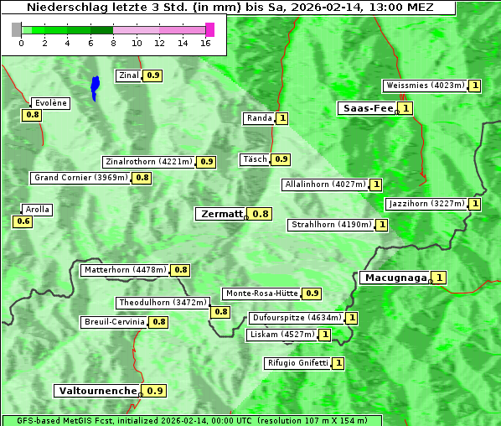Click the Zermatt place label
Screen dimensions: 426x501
click(221, 214)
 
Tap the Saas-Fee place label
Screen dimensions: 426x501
click(367, 108)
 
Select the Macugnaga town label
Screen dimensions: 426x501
click(395, 278)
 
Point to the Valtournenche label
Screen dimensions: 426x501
click(97, 391)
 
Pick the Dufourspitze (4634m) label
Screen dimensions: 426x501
click(297, 318)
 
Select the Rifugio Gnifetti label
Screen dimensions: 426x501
click(297, 363)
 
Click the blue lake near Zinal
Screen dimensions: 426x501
click(95, 86)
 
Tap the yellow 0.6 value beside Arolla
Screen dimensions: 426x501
click(23, 221)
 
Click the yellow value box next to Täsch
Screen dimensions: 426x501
click(281, 159)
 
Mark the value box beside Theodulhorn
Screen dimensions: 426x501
click(220, 312)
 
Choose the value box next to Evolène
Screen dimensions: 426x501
click(33, 115)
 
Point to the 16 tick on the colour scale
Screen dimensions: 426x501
click(206, 43)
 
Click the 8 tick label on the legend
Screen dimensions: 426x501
click(113, 43)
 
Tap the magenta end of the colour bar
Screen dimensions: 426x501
click(209, 29)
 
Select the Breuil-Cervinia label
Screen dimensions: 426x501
click(115, 322)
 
